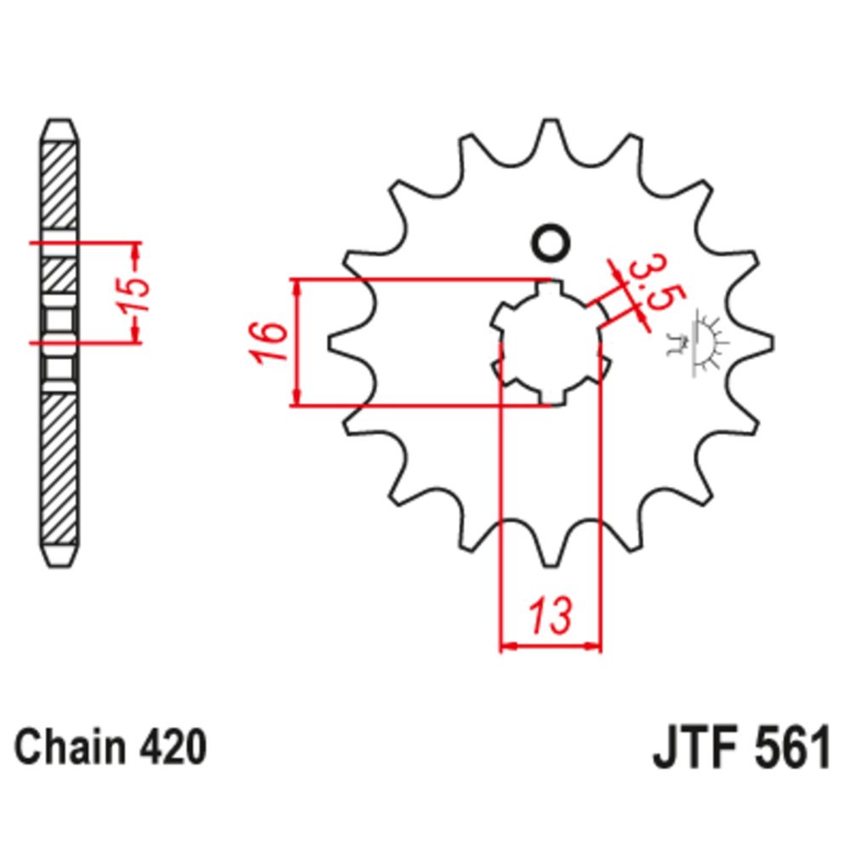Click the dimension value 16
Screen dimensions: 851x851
click(266, 342)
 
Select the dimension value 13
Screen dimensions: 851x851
click(552, 615)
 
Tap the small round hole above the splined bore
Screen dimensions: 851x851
click(550, 243)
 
